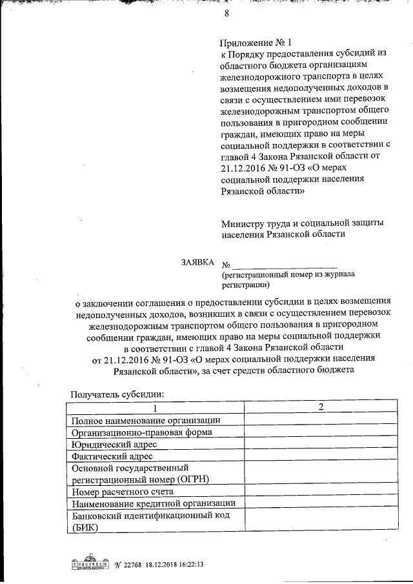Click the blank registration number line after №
point(285,265)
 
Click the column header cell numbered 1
point(155,408)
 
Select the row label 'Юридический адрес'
point(115,445)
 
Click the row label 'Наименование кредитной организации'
point(154,503)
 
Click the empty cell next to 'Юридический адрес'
point(320,445)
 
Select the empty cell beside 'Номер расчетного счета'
point(320,491)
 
